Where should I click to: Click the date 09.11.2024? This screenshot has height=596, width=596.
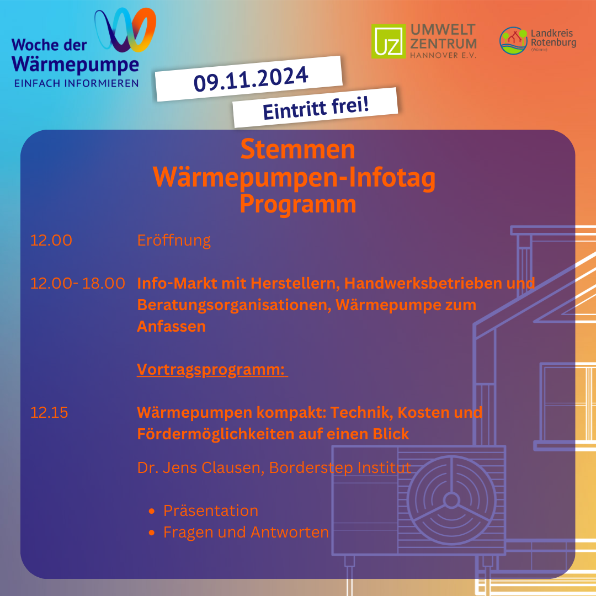click(x=251, y=79)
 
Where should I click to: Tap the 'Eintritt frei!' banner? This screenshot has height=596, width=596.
click(x=316, y=108)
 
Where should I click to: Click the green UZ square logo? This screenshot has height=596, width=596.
click(x=389, y=41)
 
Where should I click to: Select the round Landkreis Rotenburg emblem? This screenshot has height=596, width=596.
click(x=514, y=41)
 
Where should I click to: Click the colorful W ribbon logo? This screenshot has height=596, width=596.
click(x=125, y=30)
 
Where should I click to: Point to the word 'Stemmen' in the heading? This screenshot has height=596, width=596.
click(x=297, y=150)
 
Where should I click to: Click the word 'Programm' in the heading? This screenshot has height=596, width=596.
click(x=298, y=205)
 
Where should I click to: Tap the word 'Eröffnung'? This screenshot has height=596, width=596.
click(x=174, y=241)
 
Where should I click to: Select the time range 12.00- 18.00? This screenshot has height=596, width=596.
click(x=78, y=283)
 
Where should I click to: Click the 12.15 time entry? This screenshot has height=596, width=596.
click(x=49, y=412)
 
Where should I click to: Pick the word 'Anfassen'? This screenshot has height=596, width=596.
click(x=172, y=327)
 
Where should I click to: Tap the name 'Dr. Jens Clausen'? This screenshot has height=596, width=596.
click(x=200, y=467)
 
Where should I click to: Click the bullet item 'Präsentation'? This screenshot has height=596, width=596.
click(x=211, y=510)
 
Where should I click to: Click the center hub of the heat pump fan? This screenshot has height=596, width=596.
click(x=451, y=500)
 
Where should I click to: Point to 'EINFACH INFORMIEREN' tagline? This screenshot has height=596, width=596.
click(x=76, y=83)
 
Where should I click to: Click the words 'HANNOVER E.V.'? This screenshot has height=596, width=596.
click(x=443, y=56)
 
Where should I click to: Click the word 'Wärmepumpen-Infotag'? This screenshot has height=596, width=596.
click(x=294, y=178)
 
